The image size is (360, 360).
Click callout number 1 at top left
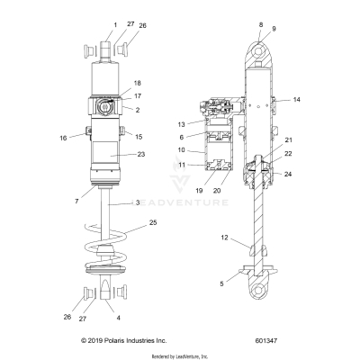114,24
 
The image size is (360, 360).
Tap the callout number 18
138,82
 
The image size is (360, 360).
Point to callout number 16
75,139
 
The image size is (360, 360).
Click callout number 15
138,136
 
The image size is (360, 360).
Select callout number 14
298,99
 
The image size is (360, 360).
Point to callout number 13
205,124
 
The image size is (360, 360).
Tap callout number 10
205,149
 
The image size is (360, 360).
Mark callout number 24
288,173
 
